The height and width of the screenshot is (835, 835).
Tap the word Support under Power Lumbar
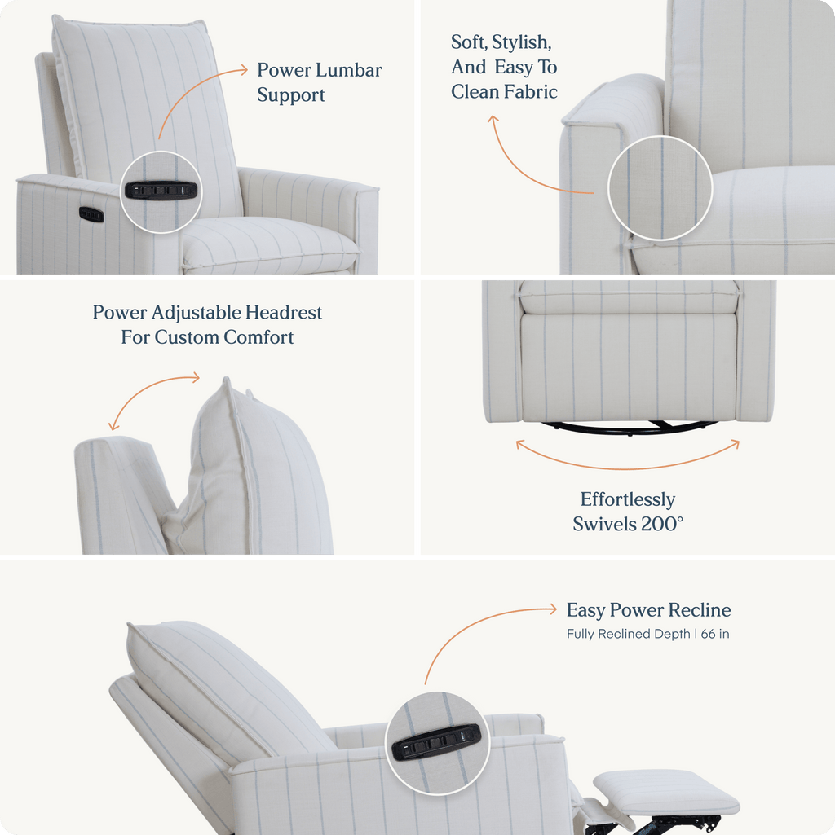(290, 95)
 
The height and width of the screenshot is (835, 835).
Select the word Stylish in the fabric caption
(522, 42)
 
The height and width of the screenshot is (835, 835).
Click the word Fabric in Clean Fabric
(531, 91)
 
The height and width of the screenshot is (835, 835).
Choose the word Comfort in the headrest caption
(258, 337)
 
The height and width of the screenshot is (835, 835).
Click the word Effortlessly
(628, 500)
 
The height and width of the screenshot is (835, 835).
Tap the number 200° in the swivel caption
(661, 524)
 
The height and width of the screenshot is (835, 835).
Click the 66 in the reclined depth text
(708, 634)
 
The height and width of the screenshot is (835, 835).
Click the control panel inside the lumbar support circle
(161, 190)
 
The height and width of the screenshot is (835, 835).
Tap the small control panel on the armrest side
(91, 214)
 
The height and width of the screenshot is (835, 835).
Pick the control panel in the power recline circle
(436, 741)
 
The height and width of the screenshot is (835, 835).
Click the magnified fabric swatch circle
(660, 187)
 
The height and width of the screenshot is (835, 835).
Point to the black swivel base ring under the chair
(630, 428)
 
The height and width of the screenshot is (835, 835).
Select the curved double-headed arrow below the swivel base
(628, 468)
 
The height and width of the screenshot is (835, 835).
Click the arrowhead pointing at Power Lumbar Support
(244, 69)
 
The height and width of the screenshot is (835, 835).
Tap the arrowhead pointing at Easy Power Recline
(553, 609)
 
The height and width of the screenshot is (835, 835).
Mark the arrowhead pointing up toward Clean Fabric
(493, 120)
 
